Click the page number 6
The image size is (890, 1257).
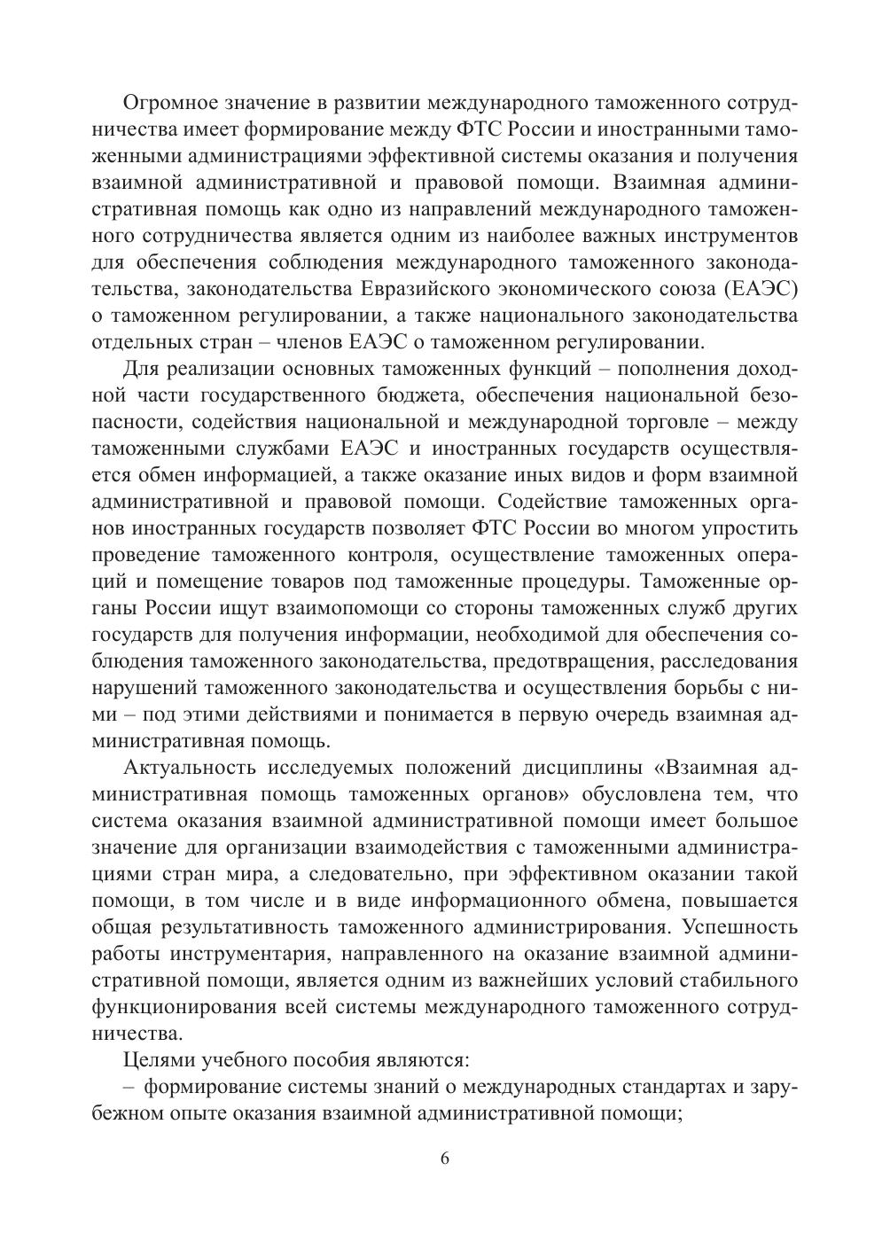(445, 1159)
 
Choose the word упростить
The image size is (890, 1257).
(748, 528)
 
